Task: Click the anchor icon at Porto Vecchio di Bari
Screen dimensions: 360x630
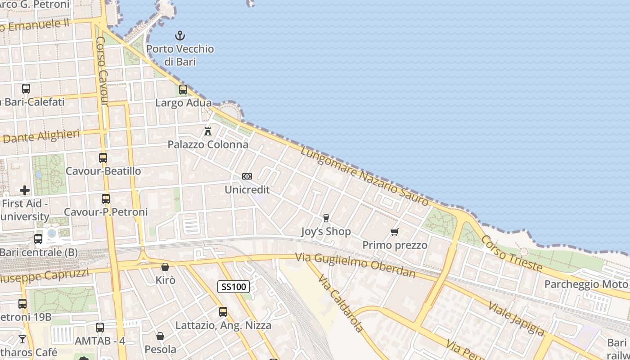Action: pyautogui.click(x=180, y=35)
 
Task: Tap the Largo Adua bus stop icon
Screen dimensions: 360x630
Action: pyautogui.click(x=183, y=89)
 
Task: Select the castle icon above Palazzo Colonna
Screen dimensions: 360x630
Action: pyautogui.click(x=208, y=131)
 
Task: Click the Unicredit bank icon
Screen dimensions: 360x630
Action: pyautogui.click(x=247, y=176)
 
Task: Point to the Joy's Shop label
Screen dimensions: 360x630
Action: pyautogui.click(x=326, y=232)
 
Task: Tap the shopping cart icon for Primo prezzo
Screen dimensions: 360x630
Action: pyautogui.click(x=395, y=232)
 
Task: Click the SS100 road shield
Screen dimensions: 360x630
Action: pyautogui.click(x=234, y=287)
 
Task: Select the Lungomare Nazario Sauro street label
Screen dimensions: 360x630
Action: pyautogui.click(x=364, y=175)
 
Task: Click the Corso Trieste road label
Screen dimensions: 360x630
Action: pyautogui.click(x=512, y=253)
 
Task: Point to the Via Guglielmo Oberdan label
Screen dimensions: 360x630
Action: pyautogui.click(x=355, y=265)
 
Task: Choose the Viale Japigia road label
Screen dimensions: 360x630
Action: pyautogui.click(x=517, y=318)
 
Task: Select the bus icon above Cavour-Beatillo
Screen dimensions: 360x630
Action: pyautogui.click(x=103, y=158)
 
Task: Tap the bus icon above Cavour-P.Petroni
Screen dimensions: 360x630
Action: pyautogui.click(x=106, y=198)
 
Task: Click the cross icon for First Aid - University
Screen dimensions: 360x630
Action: pyautogui.click(x=25, y=190)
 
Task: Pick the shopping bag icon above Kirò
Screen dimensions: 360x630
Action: pyautogui.click(x=165, y=267)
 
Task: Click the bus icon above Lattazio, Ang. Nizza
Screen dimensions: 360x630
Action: pyautogui.click(x=223, y=311)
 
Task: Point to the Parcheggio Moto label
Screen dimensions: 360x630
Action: pyautogui.click(x=586, y=284)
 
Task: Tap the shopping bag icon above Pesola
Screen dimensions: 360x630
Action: pyautogui.click(x=160, y=336)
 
